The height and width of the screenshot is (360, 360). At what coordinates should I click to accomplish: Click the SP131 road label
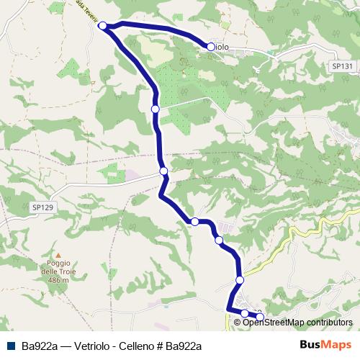[343, 66]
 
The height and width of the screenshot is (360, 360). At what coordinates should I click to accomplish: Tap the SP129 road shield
[44, 207]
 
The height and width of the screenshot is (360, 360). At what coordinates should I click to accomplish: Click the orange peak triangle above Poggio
[58, 255]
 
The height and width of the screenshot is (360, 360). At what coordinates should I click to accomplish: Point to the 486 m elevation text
[58, 280]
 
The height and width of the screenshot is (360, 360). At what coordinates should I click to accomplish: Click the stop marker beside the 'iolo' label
[210, 47]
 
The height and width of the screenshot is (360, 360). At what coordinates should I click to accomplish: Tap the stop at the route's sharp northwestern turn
[102, 26]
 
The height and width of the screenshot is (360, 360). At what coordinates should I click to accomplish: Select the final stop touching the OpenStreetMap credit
[260, 318]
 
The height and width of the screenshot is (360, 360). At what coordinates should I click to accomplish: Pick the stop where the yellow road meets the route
[240, 280]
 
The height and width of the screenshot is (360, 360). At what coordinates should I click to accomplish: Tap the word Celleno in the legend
[132, 346]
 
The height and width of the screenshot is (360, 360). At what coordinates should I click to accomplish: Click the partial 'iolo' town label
[222, 47]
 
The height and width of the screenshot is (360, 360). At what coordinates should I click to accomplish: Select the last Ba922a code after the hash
[182, 346]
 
